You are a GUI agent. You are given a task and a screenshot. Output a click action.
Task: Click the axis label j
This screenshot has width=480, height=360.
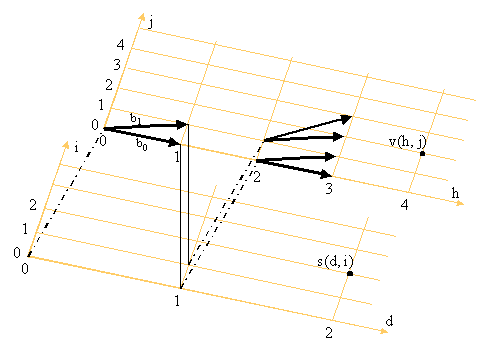coord(151,23)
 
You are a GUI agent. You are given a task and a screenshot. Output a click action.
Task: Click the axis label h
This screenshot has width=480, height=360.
coord(455,193)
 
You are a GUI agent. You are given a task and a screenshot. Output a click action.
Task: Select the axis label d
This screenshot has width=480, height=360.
coord(389,321)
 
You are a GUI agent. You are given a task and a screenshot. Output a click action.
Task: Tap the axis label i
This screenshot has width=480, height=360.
coord(77,147)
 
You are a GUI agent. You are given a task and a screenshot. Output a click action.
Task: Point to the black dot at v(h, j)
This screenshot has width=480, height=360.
coord(422,154)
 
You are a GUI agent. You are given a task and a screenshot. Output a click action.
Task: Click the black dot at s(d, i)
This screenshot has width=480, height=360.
coord(350,274)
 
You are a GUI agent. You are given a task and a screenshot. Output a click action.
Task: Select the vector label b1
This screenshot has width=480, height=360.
coord(135,119)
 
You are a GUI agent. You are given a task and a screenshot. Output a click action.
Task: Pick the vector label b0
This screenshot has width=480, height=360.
coord(142,144)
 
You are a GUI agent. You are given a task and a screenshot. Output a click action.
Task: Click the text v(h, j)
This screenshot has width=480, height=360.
coord(408,142)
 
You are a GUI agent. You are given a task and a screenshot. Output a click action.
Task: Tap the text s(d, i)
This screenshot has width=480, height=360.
coord(335,262)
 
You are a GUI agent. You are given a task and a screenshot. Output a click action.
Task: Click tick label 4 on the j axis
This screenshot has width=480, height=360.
coord(120,44)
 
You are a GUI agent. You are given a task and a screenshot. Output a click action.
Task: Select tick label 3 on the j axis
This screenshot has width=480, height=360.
coord(117,64)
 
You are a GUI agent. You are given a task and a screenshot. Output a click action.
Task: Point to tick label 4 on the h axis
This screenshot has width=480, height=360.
coord(404,205)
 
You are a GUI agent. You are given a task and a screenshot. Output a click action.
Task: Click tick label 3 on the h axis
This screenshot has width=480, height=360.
coord(329,189)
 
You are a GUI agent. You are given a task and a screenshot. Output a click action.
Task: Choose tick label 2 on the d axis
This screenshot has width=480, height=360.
coord(329,333)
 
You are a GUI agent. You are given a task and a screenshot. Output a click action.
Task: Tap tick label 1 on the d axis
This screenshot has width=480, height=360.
coord(177,301)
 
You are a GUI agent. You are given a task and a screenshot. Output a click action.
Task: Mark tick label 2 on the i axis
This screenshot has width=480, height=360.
coord(33,205)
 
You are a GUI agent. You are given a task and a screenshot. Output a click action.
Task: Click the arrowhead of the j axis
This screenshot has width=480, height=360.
coord(142,17)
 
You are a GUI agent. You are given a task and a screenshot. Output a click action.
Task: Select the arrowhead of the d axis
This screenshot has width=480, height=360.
coord(383,331)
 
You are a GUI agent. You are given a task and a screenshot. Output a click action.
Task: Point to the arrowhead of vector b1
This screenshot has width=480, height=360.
coord(182,125)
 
